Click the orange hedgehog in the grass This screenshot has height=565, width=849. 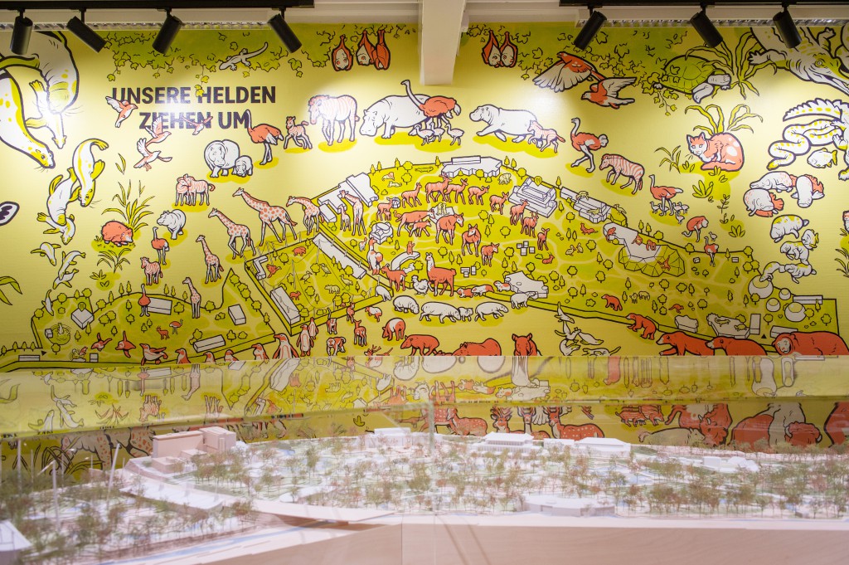tap(117, 233)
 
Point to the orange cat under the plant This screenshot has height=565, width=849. tap(715, 150)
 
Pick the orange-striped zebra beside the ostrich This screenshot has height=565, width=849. tap(622, 170)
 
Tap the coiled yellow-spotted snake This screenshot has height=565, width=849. tap(808, 137)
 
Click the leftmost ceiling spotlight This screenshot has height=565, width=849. tap(21, 35)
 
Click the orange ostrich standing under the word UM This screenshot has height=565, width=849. tap(263, 136)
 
